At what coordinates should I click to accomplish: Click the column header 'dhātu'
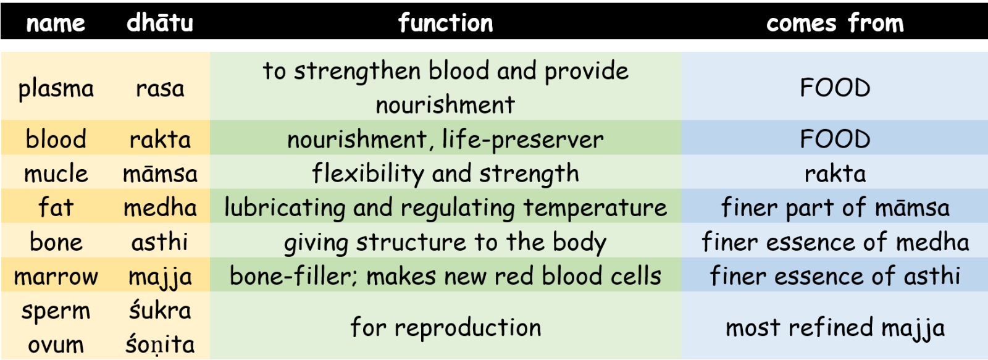click(x=160, y=22)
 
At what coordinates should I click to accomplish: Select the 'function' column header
click(x=445, y=22)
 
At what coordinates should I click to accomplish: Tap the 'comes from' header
click(x=835, y=22)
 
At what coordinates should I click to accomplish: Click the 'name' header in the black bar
click(x=56, y=23)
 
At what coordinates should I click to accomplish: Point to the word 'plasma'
click(x=56, y=89)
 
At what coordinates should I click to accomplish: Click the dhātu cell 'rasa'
click(x=160, y=89)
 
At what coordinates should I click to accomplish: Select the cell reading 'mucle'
click(x=56, y=174)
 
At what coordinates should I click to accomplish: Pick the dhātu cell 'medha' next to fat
click(x=160, y=207)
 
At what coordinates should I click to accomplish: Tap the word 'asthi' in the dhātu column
click(x=160, y=242)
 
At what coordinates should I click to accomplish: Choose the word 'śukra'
click(x=160, y=310)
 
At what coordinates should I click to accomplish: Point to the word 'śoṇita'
click(x=160, y=344)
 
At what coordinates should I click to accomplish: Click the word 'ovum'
click(x=56, y=345)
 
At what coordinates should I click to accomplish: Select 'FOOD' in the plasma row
click(x=835, y=88)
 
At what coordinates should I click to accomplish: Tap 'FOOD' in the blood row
click(x=835, y=139)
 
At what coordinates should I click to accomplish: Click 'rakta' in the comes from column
click(x=835, y=174)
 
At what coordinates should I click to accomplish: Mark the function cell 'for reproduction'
click(x=445, y=328)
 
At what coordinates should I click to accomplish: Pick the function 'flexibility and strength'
click(x=445, y=174)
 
